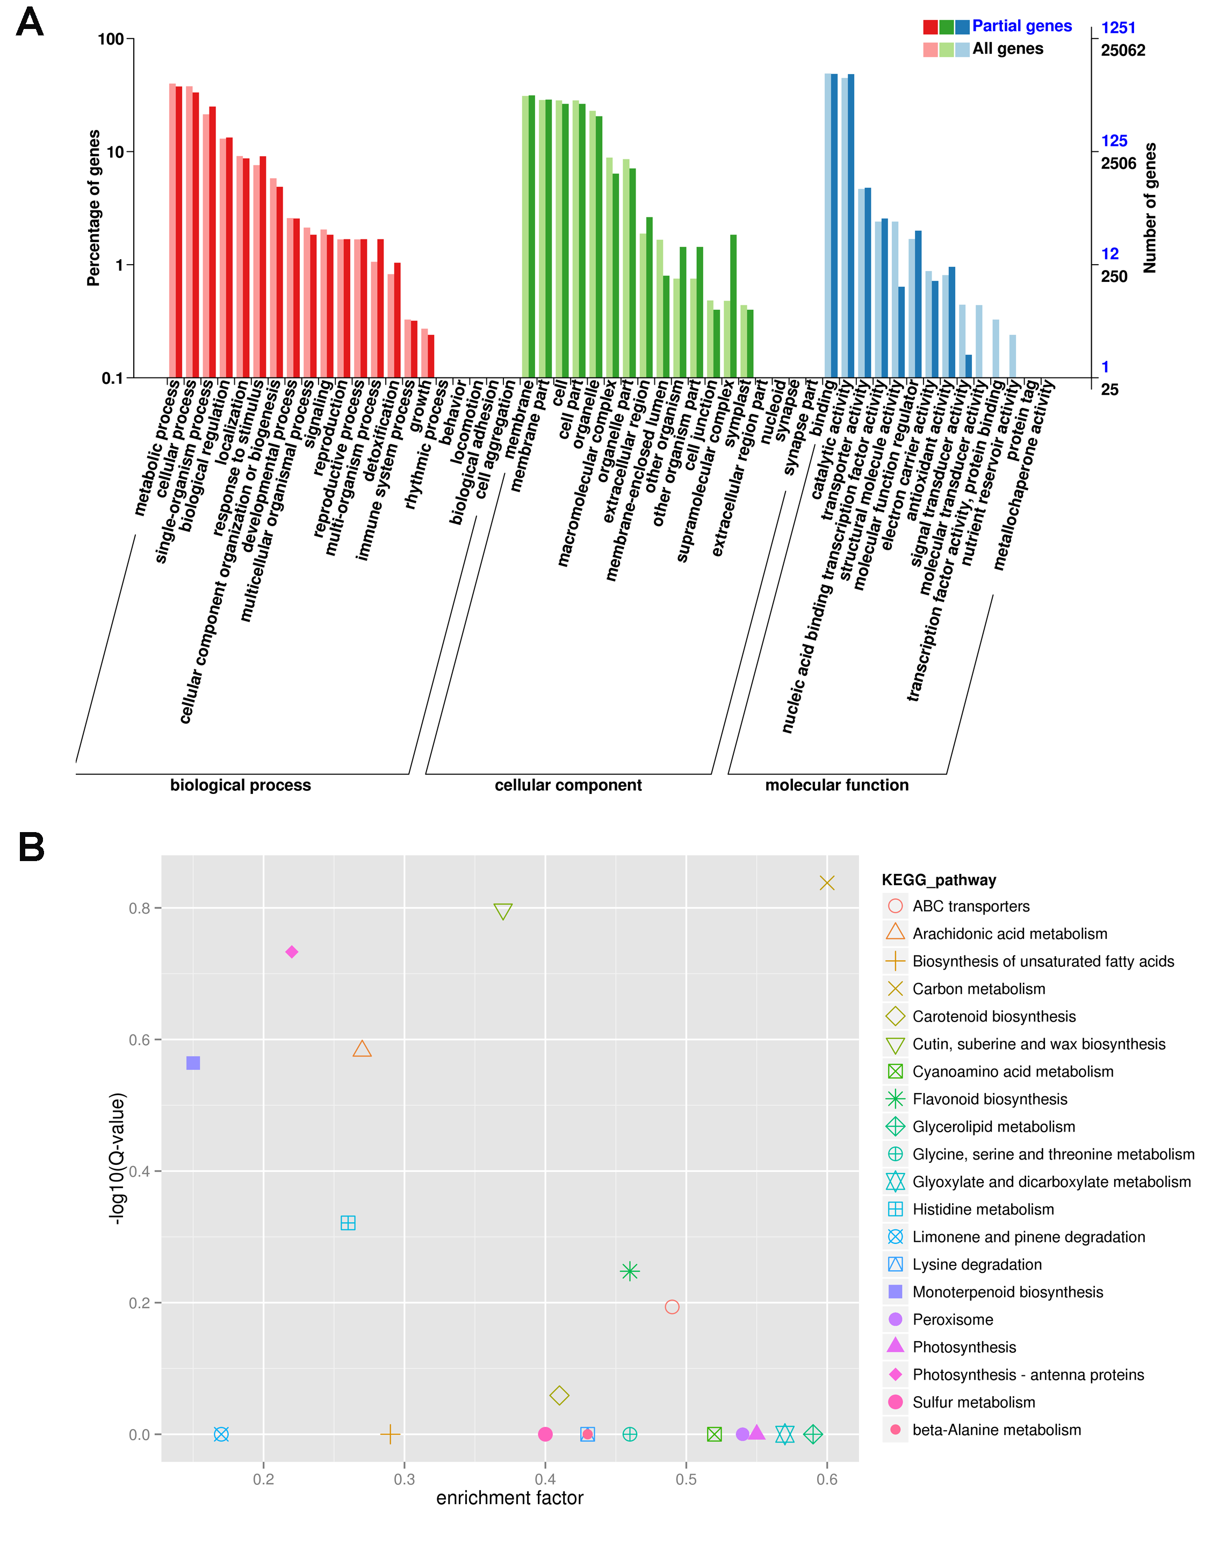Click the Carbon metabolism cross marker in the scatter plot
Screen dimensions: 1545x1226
[x=827, y=883]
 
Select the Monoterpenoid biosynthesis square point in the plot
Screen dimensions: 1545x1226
[x=193, y=1063]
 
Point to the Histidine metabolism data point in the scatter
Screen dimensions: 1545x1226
[x=348, y=1222]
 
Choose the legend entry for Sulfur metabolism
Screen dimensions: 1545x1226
[x=973, y=1402]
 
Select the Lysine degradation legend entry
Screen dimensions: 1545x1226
[x=977, y=1265]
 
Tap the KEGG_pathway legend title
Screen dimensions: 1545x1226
[x=939, y=880]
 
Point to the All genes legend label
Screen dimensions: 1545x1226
[x=1007, y=49]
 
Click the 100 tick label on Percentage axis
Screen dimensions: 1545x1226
[x=111, y=39]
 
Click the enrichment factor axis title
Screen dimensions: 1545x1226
[x=510, y=1498]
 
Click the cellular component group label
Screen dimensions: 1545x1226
[x=568, y=785]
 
